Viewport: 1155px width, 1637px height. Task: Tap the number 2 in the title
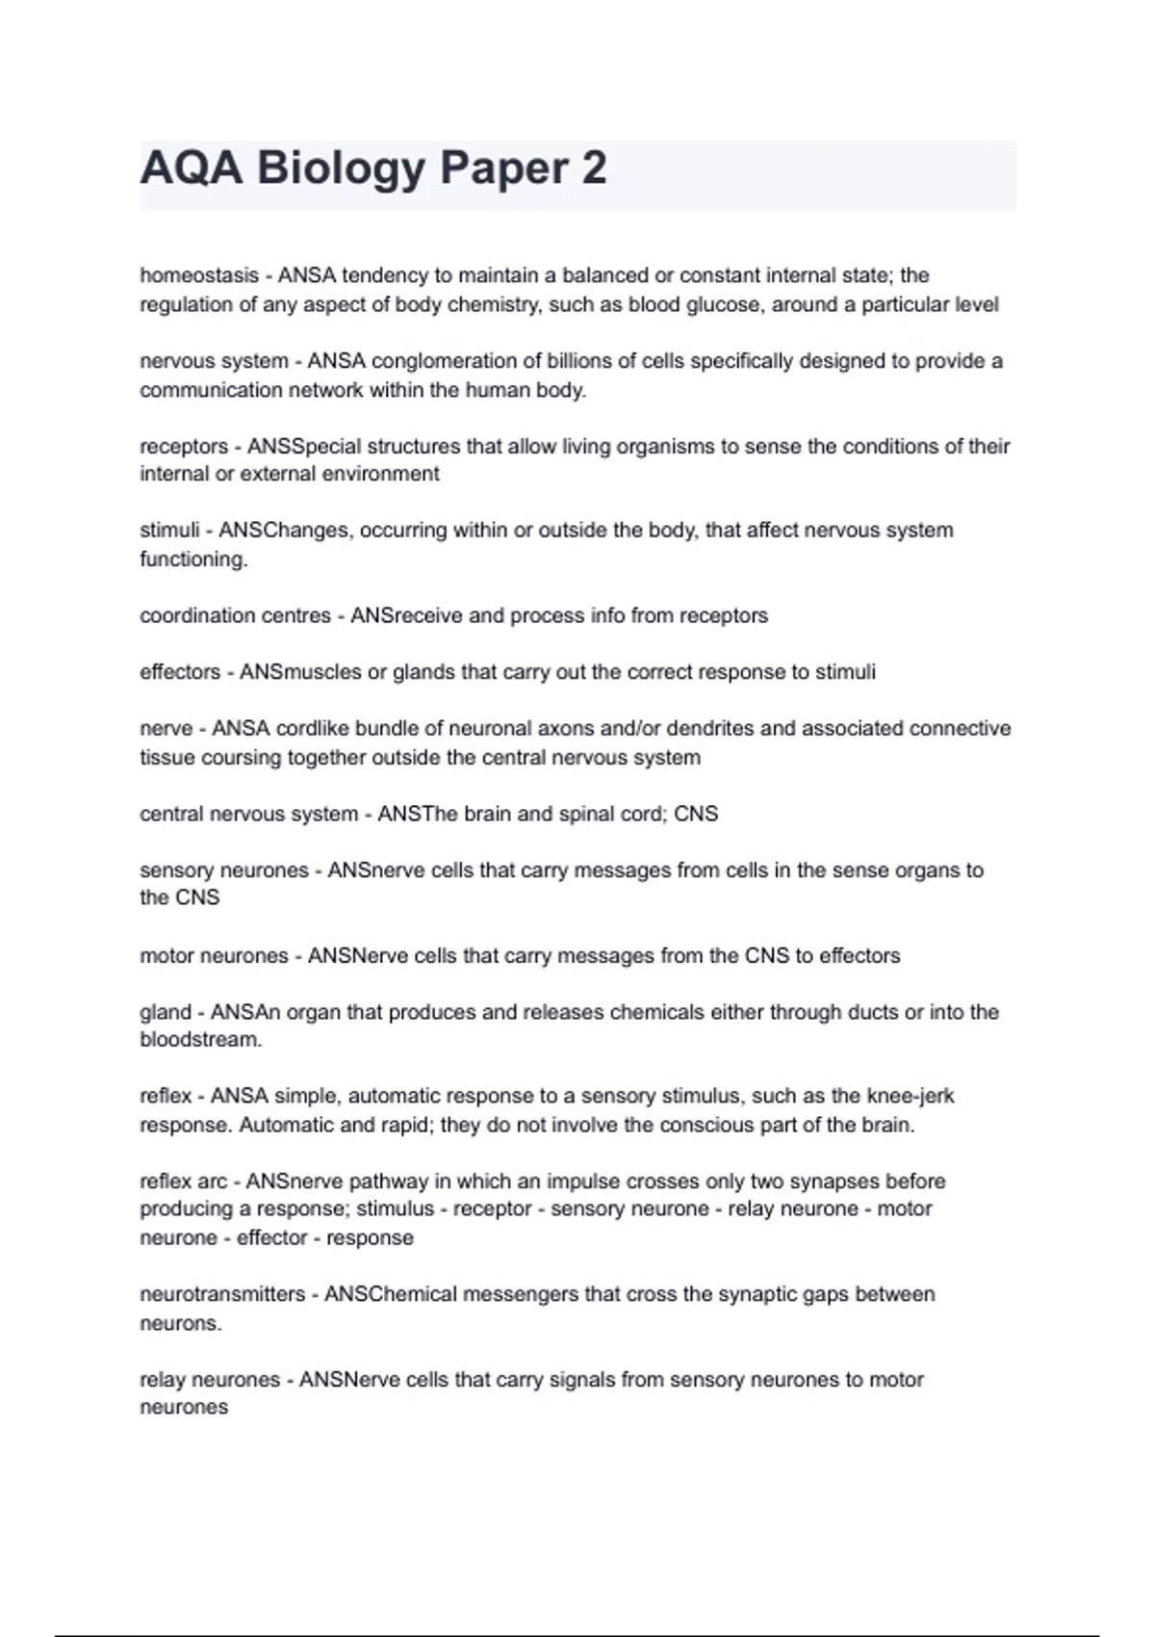594,169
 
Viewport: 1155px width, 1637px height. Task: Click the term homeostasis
199,275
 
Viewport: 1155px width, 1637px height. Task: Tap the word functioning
193,559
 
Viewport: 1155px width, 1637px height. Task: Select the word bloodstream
200,1040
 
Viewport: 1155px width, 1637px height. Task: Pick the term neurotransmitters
222,1294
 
